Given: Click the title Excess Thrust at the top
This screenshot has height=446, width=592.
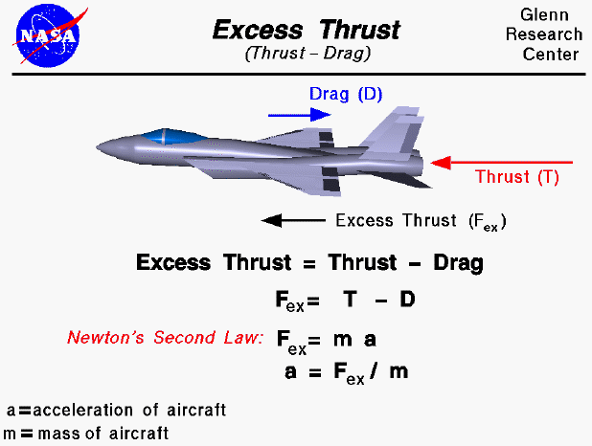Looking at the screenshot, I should point(307,30).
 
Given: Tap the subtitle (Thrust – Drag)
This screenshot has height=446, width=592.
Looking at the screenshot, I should point(307,54).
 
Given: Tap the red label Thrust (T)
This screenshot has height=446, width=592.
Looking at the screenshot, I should point(517,177).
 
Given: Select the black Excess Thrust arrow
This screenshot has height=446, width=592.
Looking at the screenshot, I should point(293,221).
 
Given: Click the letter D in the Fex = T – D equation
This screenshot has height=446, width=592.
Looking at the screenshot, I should point(407,300).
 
